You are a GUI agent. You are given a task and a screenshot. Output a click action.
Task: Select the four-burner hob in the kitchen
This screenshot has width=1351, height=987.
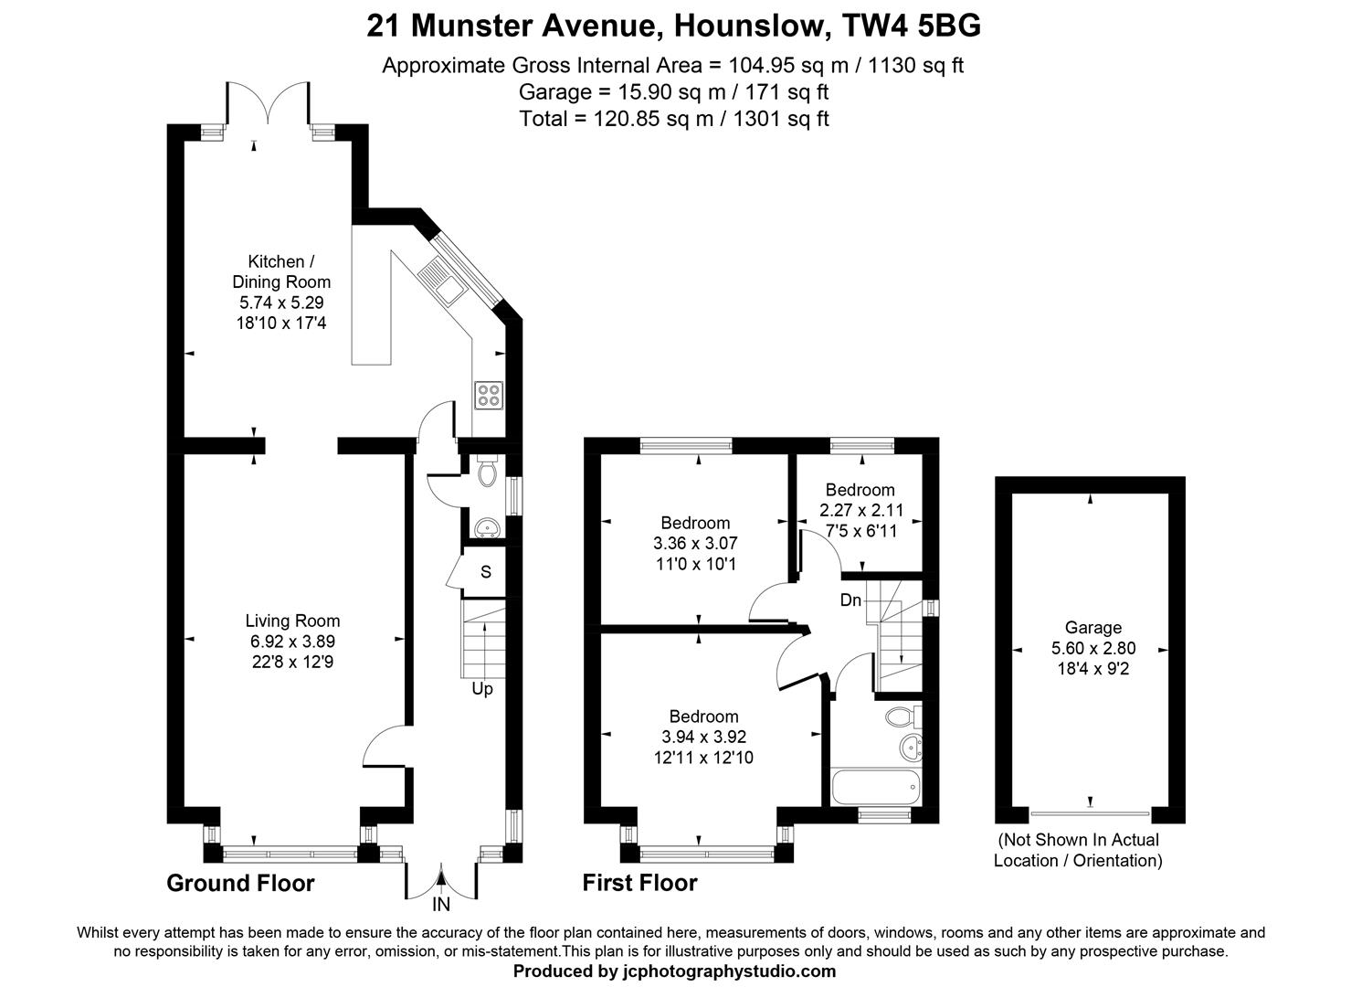488,394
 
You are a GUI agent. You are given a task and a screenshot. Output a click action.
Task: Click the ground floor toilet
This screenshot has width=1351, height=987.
488,471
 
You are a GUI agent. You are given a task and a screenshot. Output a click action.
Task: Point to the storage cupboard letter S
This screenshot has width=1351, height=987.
486,572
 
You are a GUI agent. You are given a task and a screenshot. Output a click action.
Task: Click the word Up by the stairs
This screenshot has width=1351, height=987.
482,688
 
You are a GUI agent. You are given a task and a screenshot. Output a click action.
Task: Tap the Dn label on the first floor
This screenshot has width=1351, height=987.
850,600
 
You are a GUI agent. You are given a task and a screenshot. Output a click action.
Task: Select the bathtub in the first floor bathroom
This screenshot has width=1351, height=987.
875,787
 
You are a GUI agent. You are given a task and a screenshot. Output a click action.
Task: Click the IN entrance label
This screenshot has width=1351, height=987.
441,906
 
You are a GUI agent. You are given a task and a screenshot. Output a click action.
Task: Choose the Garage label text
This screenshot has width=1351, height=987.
1092,628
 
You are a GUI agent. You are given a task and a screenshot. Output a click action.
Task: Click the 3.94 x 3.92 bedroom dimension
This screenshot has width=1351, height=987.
703,737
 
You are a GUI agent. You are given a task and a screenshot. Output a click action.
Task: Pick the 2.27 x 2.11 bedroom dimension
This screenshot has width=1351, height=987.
860,510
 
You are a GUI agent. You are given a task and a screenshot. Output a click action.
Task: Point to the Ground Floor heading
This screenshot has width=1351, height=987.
240,883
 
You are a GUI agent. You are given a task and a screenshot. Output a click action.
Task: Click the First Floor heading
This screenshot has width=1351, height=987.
639,883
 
